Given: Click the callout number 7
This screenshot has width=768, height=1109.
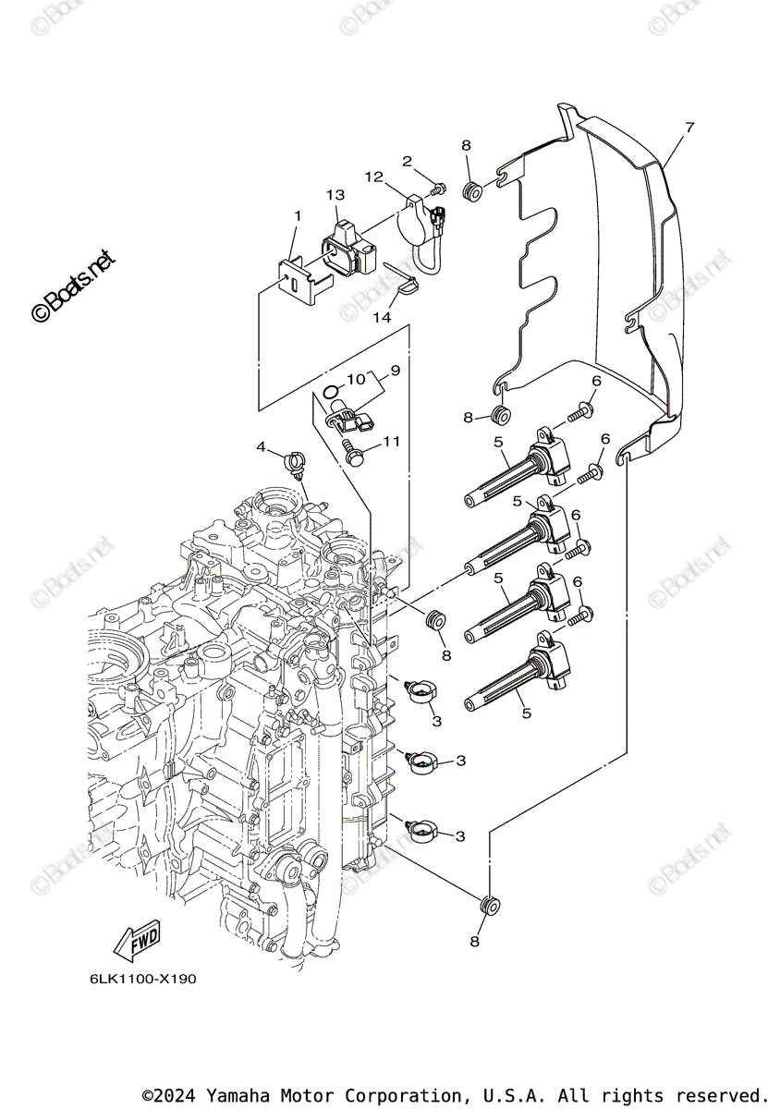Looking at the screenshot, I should (689, 126).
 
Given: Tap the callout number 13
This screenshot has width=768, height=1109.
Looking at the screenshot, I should (335, 196).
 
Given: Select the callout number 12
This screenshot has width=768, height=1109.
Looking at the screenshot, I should (372, 177).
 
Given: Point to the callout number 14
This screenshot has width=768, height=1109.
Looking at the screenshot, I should (382, 317).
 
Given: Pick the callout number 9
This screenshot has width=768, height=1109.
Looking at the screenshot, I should (395, 371).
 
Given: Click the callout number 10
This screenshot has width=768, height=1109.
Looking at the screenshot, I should (357, 380).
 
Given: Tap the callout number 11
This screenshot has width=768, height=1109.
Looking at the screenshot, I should (391, 442).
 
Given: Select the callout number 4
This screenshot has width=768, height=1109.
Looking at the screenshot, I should (262, 446).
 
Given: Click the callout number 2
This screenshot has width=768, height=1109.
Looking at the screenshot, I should (407, 161).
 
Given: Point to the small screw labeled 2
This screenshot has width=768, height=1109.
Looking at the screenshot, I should (437, 189).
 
